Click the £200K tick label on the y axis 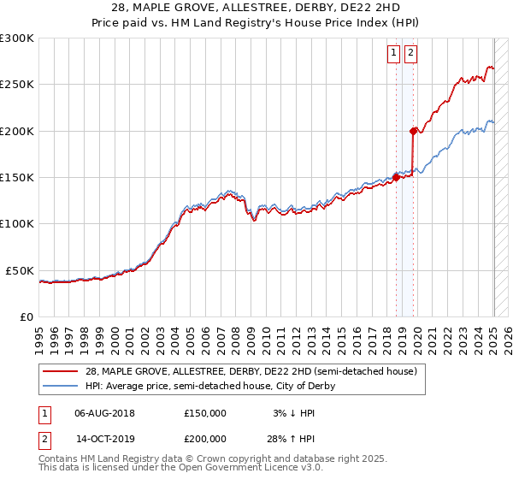(17, 131)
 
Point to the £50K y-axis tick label (21, 270)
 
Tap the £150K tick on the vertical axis (17, 177)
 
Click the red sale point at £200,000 (414, 131)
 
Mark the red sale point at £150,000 (396, 177)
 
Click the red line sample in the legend (61, 371)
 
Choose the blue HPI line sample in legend (61, 386)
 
